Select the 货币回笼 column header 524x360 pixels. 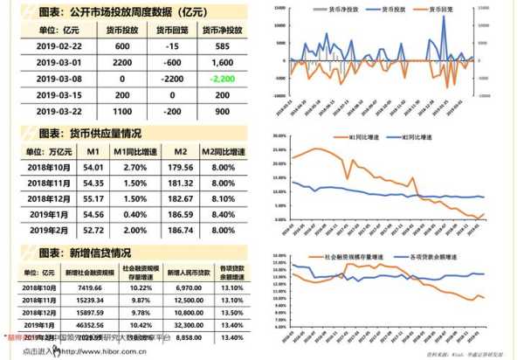(x=173, y=29)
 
